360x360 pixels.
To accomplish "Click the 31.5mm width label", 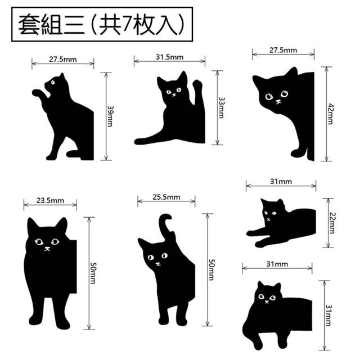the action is [169, 57].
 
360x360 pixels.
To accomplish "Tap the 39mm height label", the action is [110, 116].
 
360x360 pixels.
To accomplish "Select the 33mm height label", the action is [221, 107].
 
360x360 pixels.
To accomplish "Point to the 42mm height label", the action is [330, 114].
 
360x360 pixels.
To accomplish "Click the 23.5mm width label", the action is [50, 200].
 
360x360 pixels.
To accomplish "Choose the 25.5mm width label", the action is [166, 197].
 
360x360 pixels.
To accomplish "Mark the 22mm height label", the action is [332, 223].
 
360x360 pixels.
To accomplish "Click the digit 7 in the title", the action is [126, 24].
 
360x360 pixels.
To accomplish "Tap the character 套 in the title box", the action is [29, 24].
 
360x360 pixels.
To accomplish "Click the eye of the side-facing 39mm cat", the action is [53, 82].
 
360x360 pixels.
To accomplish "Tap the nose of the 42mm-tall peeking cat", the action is [278, 101].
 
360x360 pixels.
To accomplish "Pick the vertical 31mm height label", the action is [328, 315].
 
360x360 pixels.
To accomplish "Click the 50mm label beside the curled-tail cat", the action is [211, 269].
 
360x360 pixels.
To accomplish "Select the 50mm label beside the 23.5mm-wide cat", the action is [93, 273].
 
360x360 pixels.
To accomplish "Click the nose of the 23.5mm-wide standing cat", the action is [47, 249].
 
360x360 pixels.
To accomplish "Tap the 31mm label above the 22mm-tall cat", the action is [281, 182].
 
